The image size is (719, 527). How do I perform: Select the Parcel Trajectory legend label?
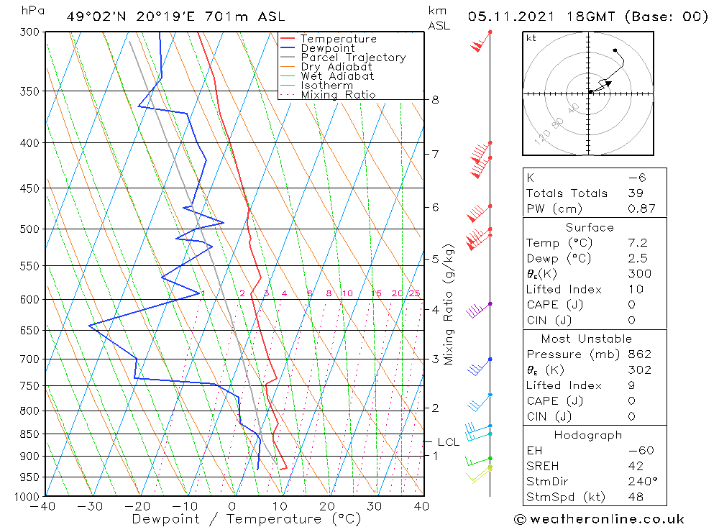[x=352, y=58]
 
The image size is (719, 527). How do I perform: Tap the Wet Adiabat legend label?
[x=336, y=76]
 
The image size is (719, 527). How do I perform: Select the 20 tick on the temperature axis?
[x=327, y=506]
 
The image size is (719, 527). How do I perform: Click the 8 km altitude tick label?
[x=435, y=100]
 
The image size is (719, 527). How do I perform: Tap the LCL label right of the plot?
[x=448, y=442]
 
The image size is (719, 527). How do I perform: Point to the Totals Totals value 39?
[x=636, y=193]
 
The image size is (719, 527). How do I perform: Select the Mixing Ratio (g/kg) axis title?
[x=449, y=305]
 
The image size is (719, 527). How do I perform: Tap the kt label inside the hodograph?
[x=531, y=38]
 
